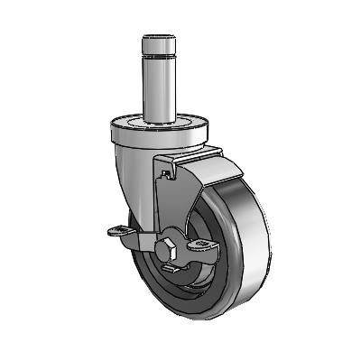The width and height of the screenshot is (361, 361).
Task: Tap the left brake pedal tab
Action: pos(117,234)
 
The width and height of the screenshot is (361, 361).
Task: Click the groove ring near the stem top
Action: pos(161,55)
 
